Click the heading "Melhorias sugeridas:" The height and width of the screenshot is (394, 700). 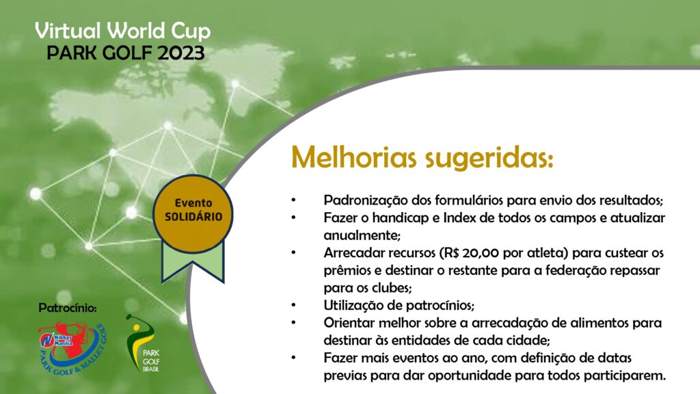pyautogui.click(x=422, y=158)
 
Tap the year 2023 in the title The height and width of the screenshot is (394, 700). pyautogui.click(x=180, y=53)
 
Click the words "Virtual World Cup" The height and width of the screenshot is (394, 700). pyautogui.click(x=123, y=31)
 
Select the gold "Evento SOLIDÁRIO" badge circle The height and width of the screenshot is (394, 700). pyautogui.click(x=193, y=213)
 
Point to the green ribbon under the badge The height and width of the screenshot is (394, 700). pyautogui.click(x=193, y=263)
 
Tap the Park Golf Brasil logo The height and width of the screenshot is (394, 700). pyautogui.click(x=144, y=343)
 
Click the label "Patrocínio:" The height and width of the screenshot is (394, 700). pyautogui.click(x=68, y=308)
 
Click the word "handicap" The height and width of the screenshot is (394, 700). pyautogui.click(x=399, y=218)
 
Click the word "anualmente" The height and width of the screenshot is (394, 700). pyautogui.click(x=361, y=235)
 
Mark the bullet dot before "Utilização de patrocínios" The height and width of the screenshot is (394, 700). pyautogui.click(x=294, y=306)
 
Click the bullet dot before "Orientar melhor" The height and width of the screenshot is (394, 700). pyautogui.click(x=294, y=323)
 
